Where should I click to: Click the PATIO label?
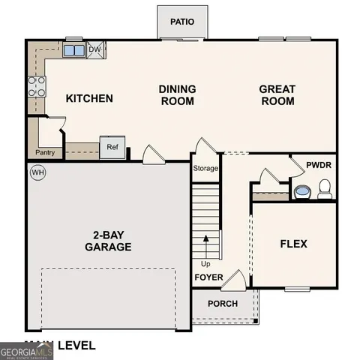click(182, 21)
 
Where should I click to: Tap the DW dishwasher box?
click(95, 50)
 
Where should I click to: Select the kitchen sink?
click(74, 51)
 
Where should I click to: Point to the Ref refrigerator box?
click(112, 147)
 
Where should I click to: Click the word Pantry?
click(44, 152)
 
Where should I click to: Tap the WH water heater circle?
click(37, 173)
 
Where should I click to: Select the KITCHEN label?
click(89, 98)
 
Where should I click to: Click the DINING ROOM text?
click(178, 95)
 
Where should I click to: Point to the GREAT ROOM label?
click(277, 95)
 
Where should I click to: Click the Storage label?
click(205, 168)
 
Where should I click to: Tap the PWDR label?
click(320, 166)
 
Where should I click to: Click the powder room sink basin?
click(302, 192)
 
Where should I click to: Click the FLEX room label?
click(294, 244)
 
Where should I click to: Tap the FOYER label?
click(209, 278)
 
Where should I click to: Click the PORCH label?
click(223, 304)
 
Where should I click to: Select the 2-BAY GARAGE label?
click(108, 240)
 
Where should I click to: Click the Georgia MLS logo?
click(25, 350)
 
